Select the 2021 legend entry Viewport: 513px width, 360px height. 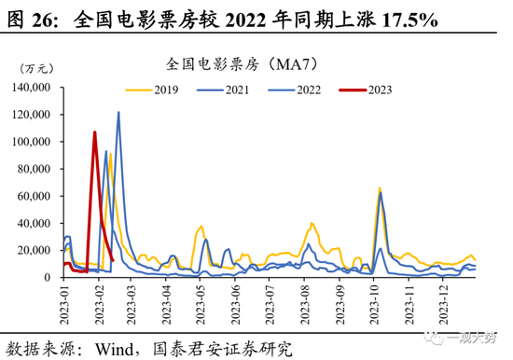point(221,90)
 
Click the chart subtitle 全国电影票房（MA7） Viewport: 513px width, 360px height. point(244,64)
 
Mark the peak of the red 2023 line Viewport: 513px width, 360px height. point(94,132)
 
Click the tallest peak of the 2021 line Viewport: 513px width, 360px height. point(118,113)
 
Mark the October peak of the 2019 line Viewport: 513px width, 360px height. point(379,188)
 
